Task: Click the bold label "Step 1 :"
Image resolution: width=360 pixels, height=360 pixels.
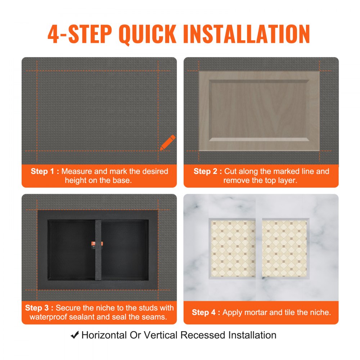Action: point(45,171)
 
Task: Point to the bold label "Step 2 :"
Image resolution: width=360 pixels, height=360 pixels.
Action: point(208,171)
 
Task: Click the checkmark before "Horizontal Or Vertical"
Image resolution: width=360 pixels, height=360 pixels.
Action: point(75,336)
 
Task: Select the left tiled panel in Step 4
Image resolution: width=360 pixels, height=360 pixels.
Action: point(233,249)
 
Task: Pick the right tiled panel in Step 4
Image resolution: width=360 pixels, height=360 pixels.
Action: point(284,249)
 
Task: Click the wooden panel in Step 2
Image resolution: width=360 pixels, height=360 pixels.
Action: point(259,110)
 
